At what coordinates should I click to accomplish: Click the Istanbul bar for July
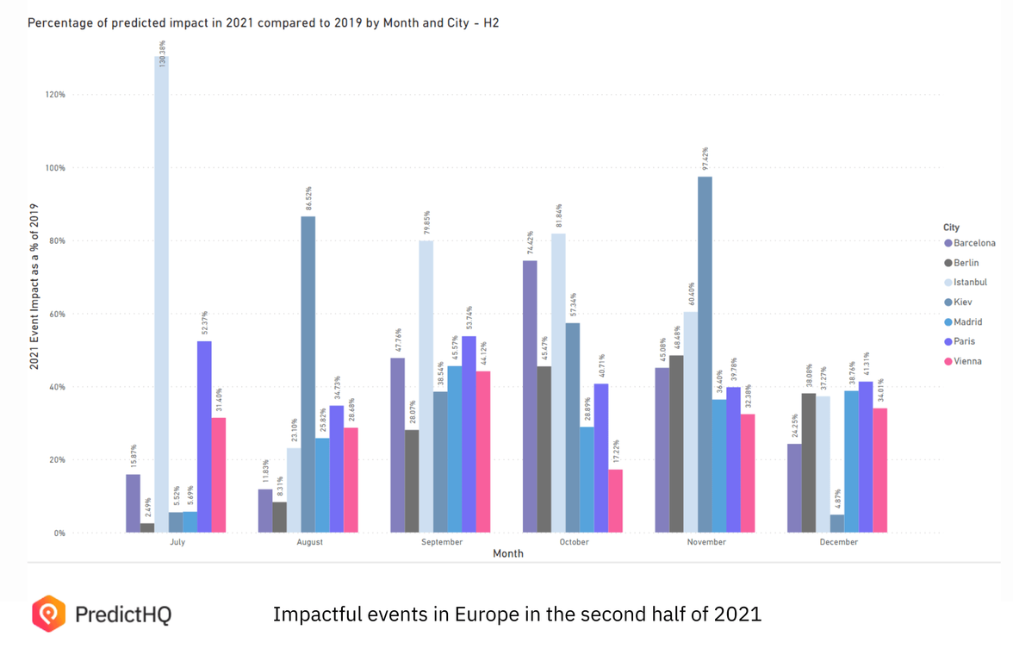click(x=161, y=294)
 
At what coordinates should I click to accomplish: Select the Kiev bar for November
click(x=705, y=354)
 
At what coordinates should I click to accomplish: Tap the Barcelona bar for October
click(x=530, y=396)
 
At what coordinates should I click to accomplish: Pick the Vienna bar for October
click(x=615, y=501)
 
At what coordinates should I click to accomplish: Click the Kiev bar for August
click(x=308, y=374)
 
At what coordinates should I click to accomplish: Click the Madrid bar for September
click(x=454, y=449)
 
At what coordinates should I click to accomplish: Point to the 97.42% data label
click(x=705, y=159)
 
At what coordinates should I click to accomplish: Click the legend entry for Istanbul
click(x=970, y=283)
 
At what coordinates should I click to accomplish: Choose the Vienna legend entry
click(x=967, y=361)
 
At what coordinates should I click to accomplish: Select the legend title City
click(x=951, y=228)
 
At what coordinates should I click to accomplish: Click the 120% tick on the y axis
click(x=55, y=95)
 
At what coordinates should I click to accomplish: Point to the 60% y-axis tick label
click(x=57, y=314)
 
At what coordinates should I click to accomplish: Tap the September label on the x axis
click(x=442, y=542)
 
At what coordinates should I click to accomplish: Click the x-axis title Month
click(x=507, y=554)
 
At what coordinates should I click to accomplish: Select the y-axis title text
click(x=34, y=287)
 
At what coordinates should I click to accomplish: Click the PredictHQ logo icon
click(x=48, y=614)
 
